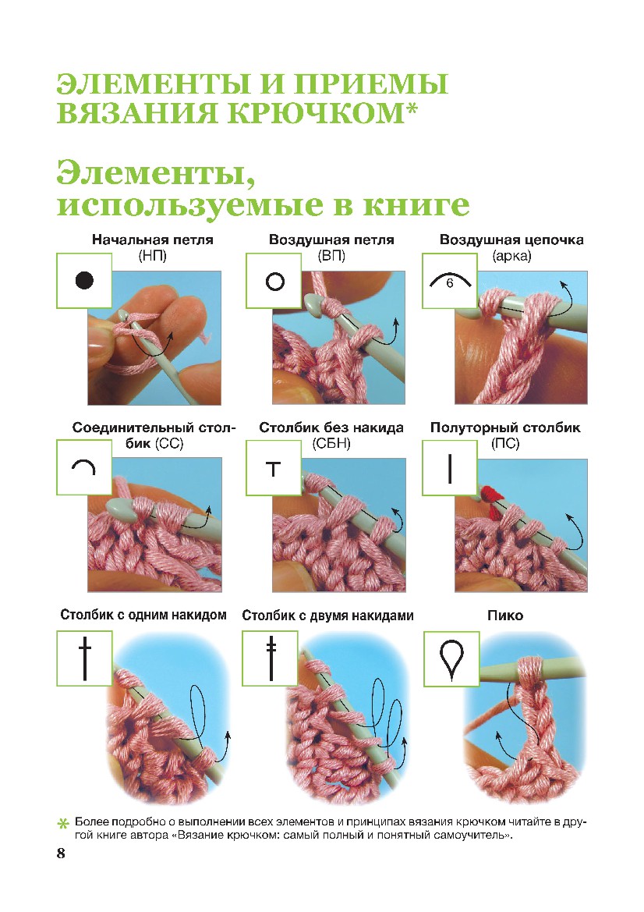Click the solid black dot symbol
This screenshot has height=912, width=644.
click(x=84, y=280)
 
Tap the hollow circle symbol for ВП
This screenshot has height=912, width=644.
click(x=275, y=282)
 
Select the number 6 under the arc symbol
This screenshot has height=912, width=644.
click(x=449, y=283)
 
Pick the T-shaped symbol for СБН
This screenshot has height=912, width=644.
click(x=273, y=469)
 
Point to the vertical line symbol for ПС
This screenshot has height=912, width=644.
click(x=450, y=469)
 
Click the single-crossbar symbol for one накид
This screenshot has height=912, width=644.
click(x=85, y=658)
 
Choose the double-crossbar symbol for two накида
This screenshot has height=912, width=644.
click(x=271, y=658)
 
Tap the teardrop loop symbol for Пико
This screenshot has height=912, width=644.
click(x=451, y=659)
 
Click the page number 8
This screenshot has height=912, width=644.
click(x=61, y=853)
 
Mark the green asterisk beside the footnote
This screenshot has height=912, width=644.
click(x=63, y=824)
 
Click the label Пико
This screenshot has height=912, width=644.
click(x=505, y=616)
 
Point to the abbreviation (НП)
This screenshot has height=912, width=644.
click(x=152, y=256)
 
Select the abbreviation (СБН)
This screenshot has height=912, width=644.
click(x=331, y=444)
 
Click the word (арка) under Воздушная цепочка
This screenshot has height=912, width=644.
click(x=511, y=256)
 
